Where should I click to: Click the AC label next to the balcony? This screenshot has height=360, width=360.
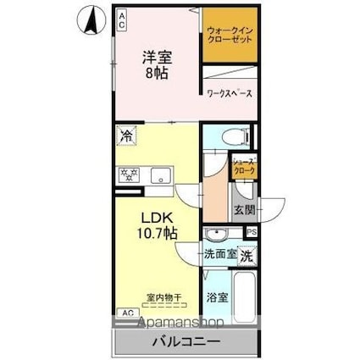(x=127, y=313)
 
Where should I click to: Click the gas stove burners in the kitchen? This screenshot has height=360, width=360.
(x=130, y=175)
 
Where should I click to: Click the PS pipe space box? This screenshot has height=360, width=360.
(x=252, y=232)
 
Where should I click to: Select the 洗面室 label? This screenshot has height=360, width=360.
(x=219, y=254)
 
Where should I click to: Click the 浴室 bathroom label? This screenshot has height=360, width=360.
(x=218, y=296)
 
